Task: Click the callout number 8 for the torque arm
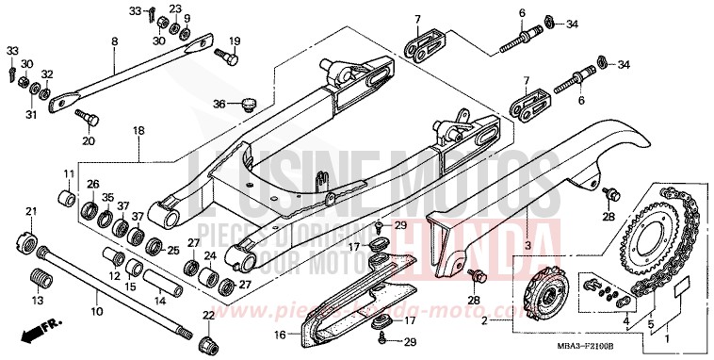[x=115, y=41]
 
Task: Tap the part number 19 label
[x=235, y=41]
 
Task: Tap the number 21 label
[x=30, y=210]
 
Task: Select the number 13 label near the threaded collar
[x=38, y=300]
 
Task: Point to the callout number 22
[x=208, y=316]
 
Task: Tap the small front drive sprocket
[x=545, y=283]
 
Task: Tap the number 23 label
[x=174, y=9]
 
